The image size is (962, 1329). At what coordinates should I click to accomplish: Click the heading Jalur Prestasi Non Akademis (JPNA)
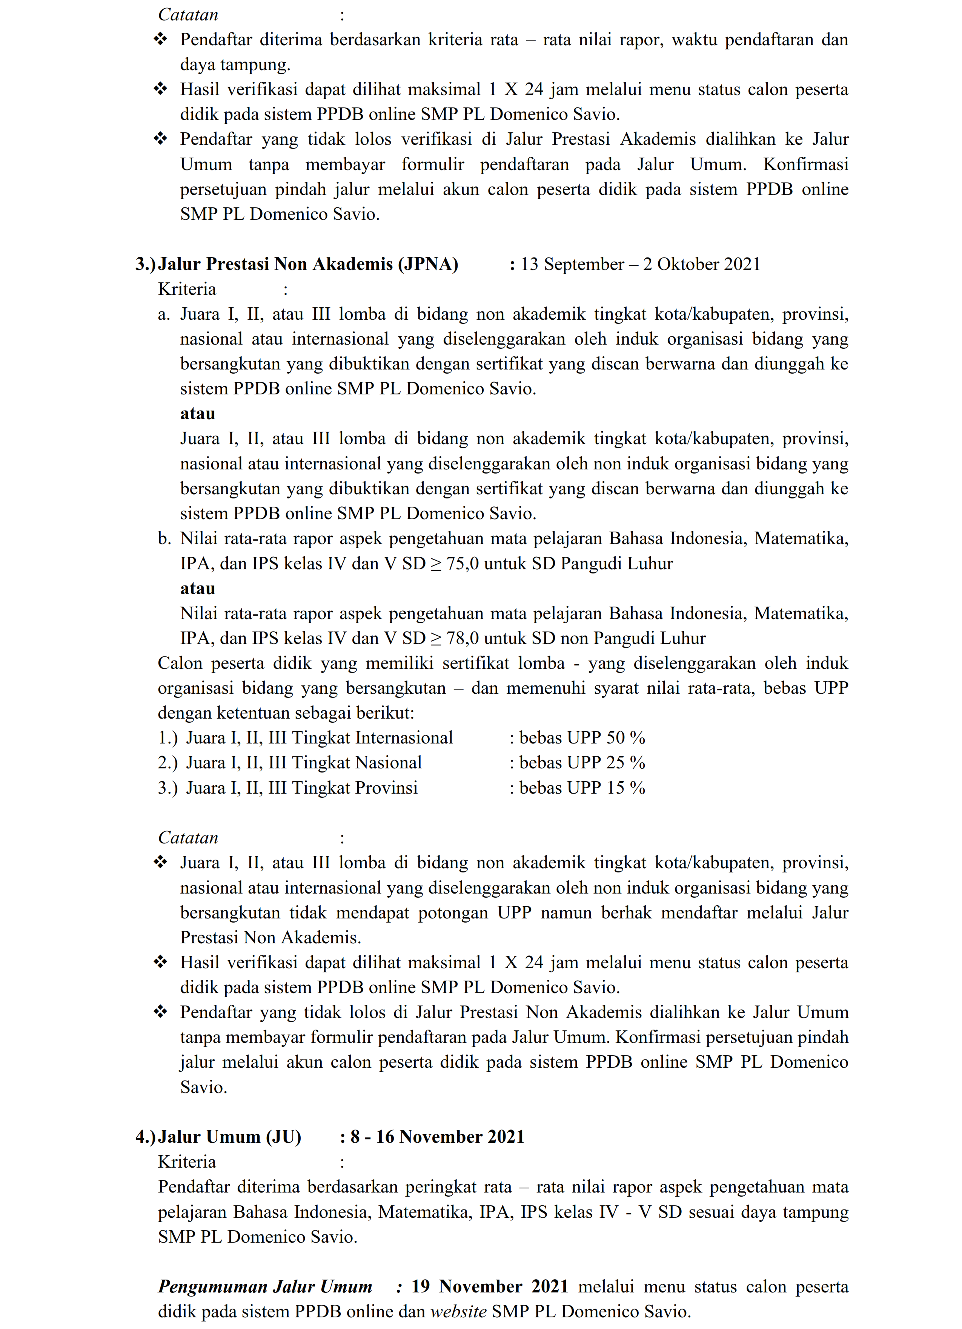click(308, 264)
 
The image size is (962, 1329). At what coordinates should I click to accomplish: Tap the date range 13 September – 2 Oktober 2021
click(640, 264)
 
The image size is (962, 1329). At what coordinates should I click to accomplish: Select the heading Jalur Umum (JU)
click(229, 1137)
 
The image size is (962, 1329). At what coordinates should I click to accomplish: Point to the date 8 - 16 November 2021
click(437, 1137)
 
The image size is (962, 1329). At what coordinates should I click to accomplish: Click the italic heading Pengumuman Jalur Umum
click(265, 1286)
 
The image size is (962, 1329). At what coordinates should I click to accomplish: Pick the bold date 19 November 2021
click(490, 1286)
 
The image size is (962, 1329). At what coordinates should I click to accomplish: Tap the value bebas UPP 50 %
click(582, 738)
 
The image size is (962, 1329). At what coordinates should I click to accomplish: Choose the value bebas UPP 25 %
click(582, 762)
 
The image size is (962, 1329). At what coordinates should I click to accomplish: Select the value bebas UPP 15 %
click(582, 788)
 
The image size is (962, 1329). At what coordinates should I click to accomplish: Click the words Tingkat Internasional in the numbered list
click(372, 738)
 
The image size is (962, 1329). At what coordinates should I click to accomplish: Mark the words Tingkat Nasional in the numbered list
click(357, 762)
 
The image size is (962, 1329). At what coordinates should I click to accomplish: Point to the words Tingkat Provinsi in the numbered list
click(355, 788)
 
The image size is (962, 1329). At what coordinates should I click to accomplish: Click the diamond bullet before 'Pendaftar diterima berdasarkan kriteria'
click(160, 40)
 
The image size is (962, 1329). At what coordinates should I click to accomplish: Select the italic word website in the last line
click(458, 1311)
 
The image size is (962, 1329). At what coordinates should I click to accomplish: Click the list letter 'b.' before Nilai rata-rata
click(164, 538)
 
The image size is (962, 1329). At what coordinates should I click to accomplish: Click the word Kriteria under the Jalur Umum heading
click(187, 1162)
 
